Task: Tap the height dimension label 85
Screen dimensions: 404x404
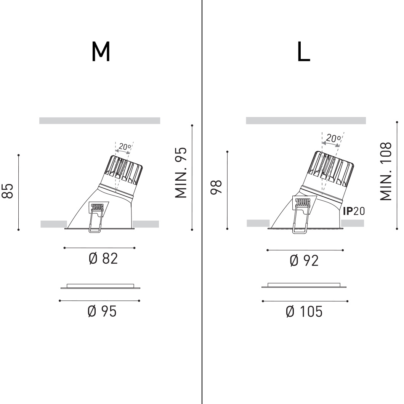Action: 8,191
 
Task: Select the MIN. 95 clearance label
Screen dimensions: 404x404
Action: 181,173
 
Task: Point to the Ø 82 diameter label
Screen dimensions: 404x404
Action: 103,258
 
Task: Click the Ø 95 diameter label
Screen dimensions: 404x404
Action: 102,311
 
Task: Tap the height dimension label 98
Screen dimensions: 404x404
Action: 216,187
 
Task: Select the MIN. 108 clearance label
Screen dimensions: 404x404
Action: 386,172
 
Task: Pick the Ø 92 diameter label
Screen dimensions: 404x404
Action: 304,260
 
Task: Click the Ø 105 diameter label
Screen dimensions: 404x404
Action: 304,311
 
